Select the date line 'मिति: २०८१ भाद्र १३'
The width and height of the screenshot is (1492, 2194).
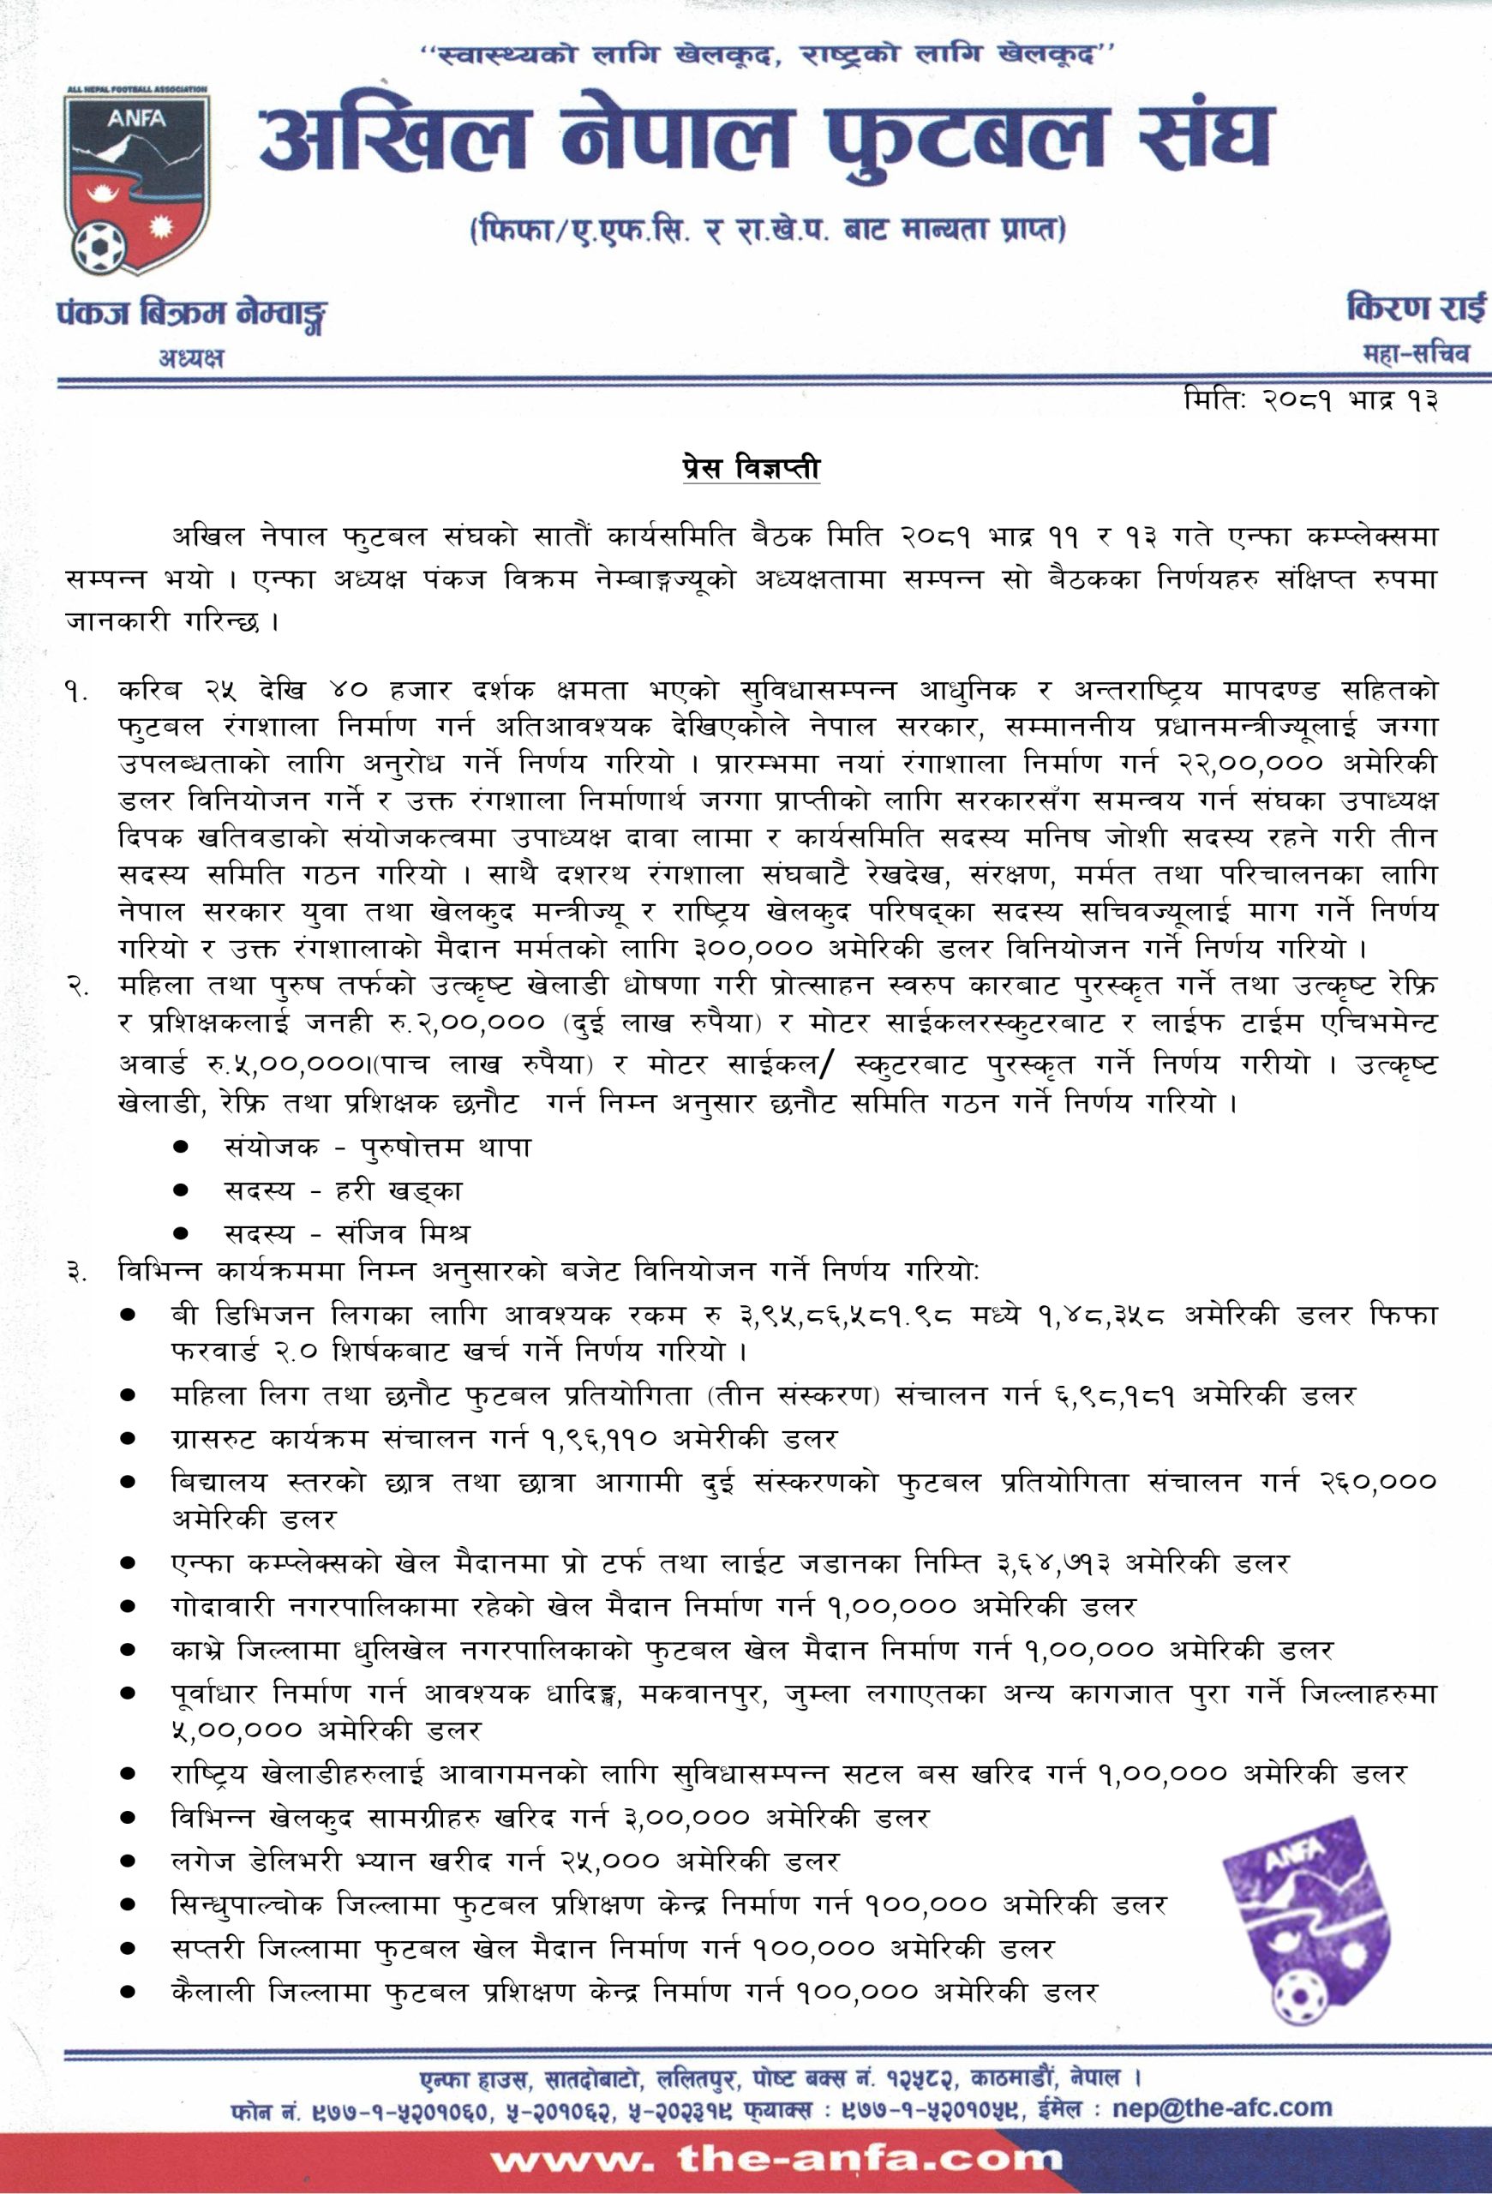tap(1311, 400)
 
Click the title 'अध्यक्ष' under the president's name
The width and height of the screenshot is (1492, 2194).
tap(192, 357)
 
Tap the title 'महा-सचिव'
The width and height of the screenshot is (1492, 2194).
tap(1416, 355)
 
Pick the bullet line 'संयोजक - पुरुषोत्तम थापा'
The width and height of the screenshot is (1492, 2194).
tap(377, 1147)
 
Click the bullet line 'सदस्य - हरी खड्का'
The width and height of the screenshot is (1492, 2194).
tap(343, 1190)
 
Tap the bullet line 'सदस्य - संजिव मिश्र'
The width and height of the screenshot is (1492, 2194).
tap(346, 1234)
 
